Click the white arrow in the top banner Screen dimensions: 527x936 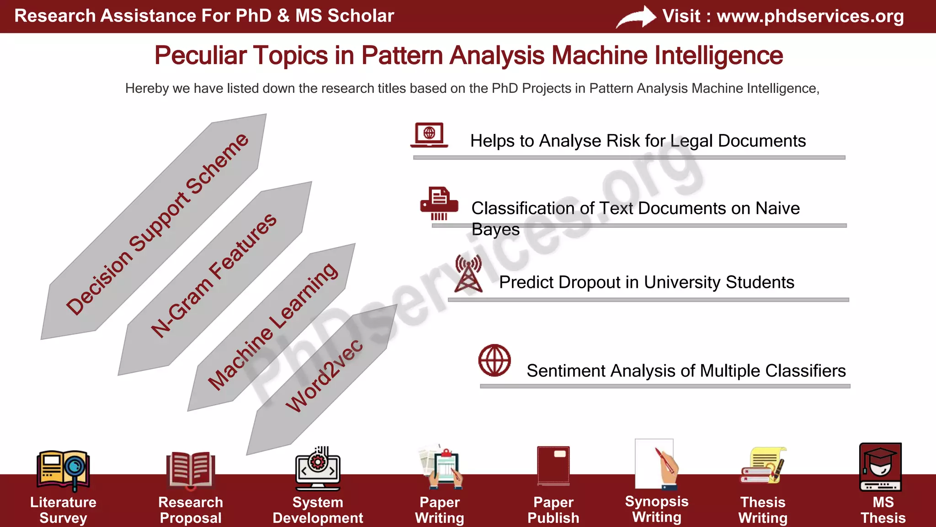[636, 17]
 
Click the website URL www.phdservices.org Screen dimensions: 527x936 [810, 16]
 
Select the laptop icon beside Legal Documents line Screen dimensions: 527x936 [429, 135]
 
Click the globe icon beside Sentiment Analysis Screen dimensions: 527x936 [495, 360]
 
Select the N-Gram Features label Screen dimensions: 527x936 [214, 275]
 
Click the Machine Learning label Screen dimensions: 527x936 [273, 327]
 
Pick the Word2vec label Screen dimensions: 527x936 [324, 376]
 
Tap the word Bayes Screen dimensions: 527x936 [495, 229]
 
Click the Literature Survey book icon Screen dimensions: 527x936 [63, 469]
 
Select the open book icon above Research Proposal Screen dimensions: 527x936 [191, 469]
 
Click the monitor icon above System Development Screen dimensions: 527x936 [318, 469]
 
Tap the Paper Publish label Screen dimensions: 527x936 [553, 510]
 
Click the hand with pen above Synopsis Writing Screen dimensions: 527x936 [665, 467]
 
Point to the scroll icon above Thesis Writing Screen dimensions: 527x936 [763, 466]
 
